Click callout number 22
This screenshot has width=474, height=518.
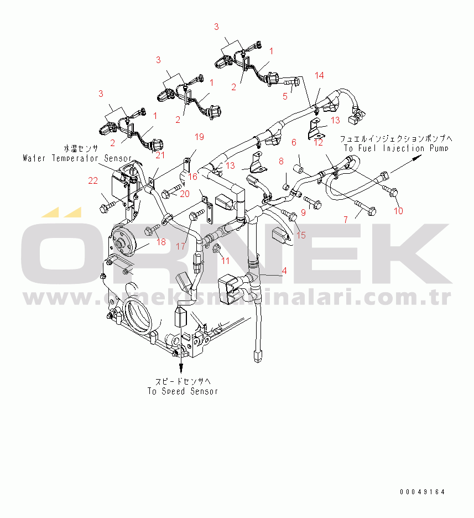[x=92, y=180]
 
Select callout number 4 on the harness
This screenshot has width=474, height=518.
[x=284, y=271]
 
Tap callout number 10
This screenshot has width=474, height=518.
[x=398, y=211]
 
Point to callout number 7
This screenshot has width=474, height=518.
[x=346, y=220]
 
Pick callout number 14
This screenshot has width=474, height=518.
[x=320, y=75]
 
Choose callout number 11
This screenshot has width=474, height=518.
[x=225, y=260]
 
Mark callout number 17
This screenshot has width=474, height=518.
[x=181, y=246]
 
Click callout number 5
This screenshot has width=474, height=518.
[x=285, y=96]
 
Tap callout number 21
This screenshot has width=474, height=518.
[x=160, y=156]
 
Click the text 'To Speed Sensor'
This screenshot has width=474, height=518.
[x=183, y=391]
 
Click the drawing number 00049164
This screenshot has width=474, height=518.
[x=423, y=492]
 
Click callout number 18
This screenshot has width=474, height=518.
[x=160, y=241]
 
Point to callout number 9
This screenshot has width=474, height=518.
[x=303, y=211]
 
